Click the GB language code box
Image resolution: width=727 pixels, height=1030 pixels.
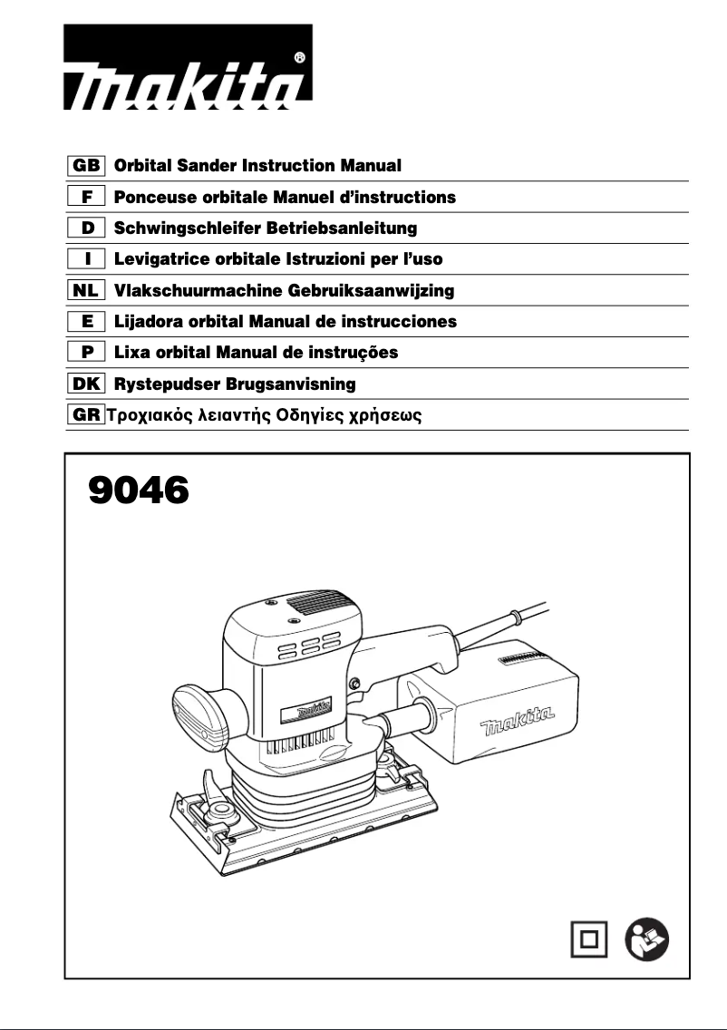(x=87, y=166)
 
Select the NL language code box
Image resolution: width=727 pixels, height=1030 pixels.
(x=87, y=290)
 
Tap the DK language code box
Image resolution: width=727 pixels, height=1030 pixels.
(x=87, y=384)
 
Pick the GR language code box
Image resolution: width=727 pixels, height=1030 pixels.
(x=87, y=415)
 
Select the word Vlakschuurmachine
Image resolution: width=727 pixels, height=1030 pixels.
(x=196, y=291)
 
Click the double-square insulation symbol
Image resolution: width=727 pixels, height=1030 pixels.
(x=588, y=938)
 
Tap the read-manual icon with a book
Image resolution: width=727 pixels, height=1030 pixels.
(x=647, y=938)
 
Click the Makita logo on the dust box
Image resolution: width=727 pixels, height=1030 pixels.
(x=518, y=723)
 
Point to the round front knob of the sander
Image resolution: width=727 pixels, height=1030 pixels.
(x=202, y=706)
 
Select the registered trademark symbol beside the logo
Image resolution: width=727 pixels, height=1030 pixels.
(x=299, y=57)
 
